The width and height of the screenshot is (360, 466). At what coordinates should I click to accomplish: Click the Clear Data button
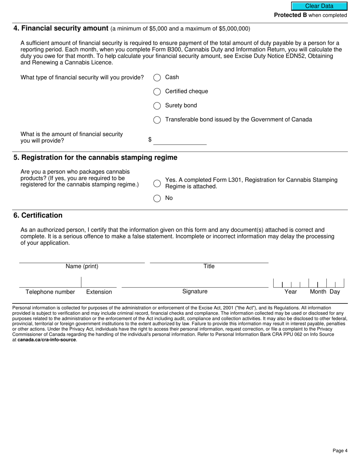click(319, 6)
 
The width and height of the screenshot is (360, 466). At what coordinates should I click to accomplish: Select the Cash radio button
click(157, 78)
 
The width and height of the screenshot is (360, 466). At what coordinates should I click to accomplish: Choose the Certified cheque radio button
click(157, 92)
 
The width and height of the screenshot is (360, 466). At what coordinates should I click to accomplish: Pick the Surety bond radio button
click(157, 106)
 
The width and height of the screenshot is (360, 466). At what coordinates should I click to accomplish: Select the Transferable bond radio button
click(157, 120)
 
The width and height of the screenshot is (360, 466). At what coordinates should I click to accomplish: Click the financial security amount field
click(180, 140)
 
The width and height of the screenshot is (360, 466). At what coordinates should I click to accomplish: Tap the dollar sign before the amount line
click(150, 140)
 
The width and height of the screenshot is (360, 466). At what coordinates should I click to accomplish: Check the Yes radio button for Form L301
click(157, 183)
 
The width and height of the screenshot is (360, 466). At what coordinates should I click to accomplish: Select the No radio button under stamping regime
click(157, 198)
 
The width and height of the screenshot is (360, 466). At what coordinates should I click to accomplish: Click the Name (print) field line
click(82, 258)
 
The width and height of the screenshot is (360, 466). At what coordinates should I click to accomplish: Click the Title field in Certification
click(209, 258)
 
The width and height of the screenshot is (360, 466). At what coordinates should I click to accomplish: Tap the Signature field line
click(195, 283)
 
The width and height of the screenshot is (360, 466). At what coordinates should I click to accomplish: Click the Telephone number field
click(50, 283)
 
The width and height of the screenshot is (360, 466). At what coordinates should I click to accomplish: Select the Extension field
click(99, 283)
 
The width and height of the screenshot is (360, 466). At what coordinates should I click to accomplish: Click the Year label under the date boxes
click(291, 292)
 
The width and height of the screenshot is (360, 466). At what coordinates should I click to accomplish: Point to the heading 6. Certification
click(38, 215)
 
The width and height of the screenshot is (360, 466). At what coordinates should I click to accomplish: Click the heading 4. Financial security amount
click(61, 28)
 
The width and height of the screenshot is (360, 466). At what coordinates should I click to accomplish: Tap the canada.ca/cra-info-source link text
click(47, 340)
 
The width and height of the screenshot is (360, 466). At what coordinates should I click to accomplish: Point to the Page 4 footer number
click(340, 450)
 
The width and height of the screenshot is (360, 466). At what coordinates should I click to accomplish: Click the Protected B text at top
click(290, 15)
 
